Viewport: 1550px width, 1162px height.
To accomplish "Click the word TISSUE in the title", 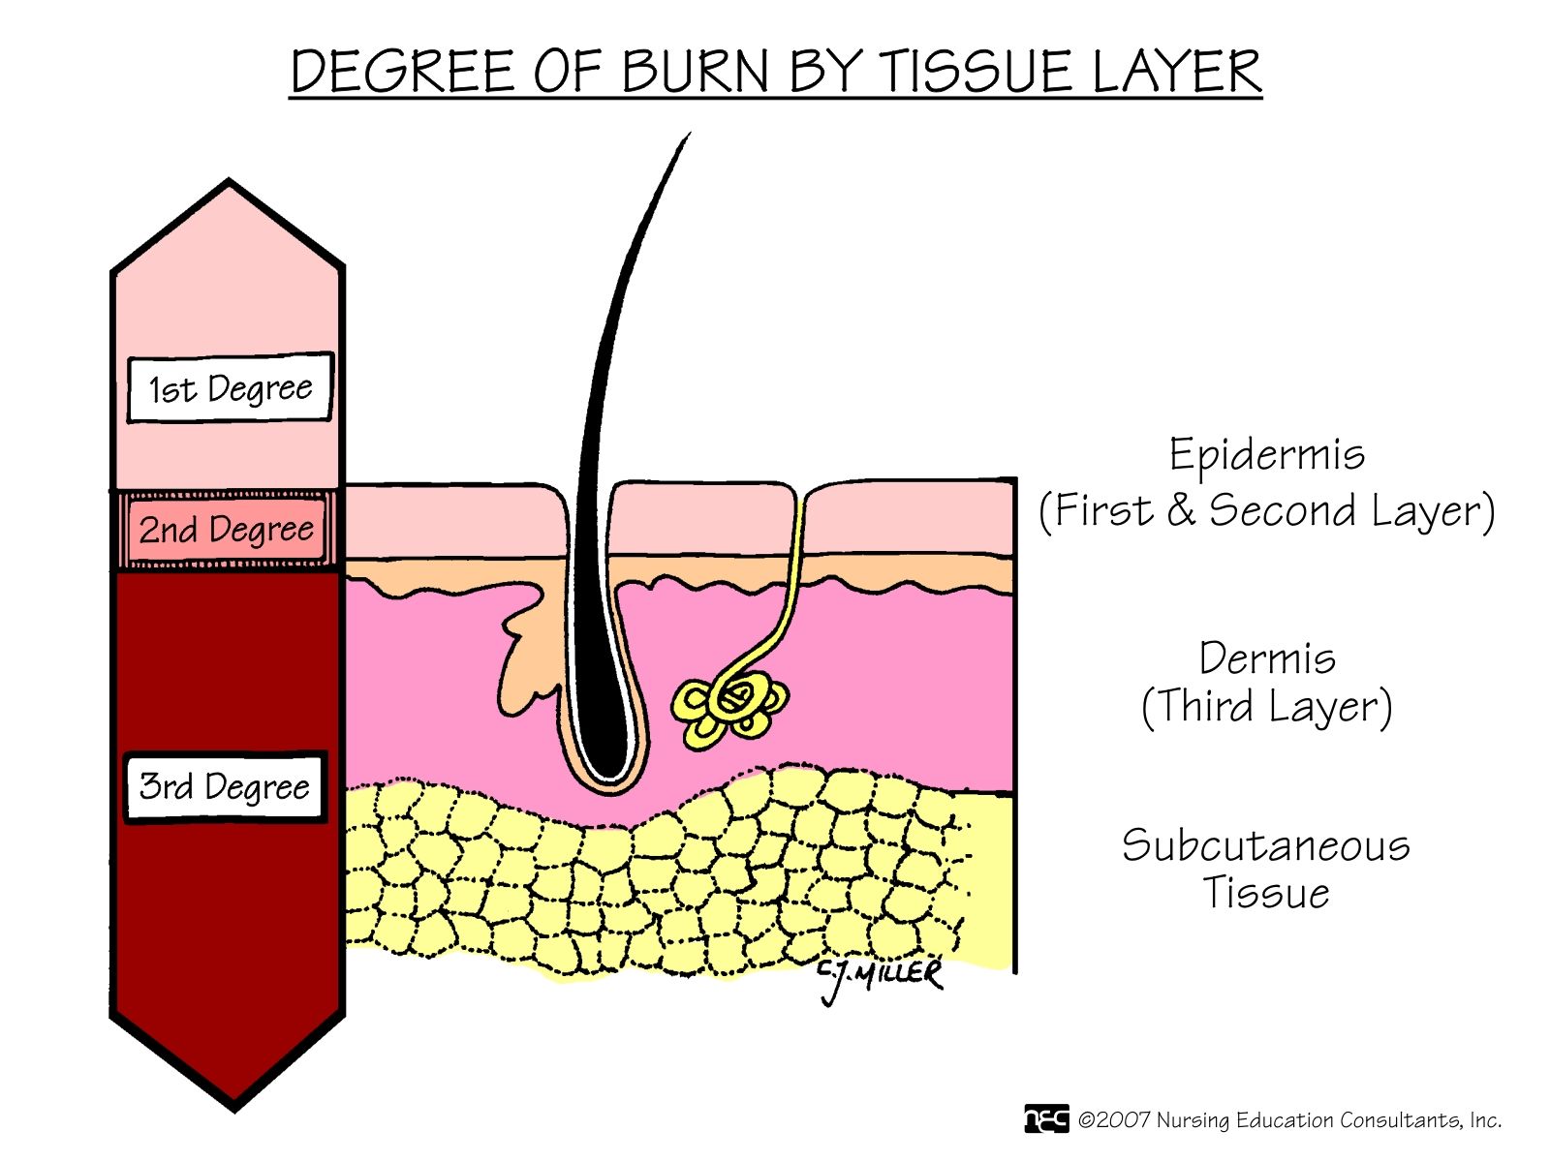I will (978, 72).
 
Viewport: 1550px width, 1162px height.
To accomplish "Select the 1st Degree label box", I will (231, 388).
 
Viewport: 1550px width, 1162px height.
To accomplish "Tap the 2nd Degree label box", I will (227, 530).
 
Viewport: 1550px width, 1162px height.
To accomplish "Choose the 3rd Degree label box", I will (225, 786).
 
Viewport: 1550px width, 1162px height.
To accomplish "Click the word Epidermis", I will (1266, 455).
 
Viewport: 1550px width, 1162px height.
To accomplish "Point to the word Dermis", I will (1266, 658).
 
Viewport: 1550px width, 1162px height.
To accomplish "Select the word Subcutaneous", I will (1265, 845).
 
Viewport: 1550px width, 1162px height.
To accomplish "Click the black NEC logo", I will (1046, 1119).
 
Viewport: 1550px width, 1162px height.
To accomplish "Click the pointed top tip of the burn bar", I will (229, 183).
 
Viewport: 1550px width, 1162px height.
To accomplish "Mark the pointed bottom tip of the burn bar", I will (232, 1107).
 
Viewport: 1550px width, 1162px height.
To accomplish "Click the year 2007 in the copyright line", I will (1124, 1120).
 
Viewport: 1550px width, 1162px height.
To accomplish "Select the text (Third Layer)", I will (1266, 707).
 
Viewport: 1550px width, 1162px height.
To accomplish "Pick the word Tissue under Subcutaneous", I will (1265, 892).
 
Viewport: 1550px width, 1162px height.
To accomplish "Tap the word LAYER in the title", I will (1176, 72).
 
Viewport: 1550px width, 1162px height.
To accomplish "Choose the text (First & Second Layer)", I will (1266, 510).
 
